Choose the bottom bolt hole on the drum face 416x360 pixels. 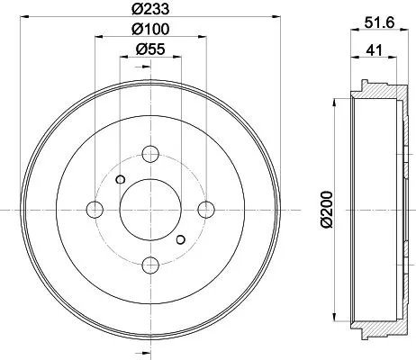click(x=150, y=264)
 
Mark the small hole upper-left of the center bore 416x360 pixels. click(x=120, y=177)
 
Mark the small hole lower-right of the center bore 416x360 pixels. click(x=181, y=239)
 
